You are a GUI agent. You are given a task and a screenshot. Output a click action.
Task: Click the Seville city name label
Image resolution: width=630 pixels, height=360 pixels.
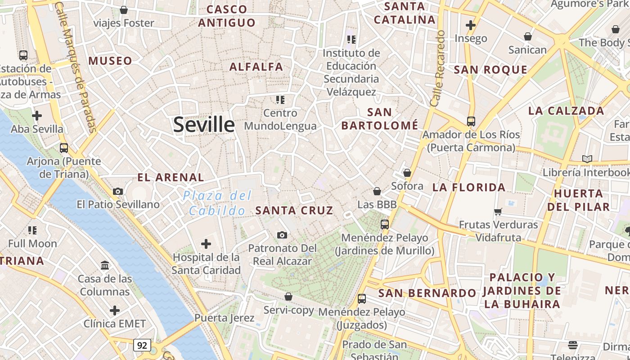(204, 125)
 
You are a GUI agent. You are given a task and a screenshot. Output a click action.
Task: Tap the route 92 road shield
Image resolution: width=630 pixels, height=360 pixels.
(142, 345)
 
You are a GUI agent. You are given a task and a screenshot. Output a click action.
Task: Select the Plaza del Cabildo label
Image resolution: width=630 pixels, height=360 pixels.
(217, 203)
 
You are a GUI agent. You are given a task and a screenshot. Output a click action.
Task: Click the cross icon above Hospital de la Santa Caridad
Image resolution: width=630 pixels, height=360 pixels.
(206, 244)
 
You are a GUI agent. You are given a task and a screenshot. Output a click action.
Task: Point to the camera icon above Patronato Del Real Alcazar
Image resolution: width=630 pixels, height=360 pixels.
(282, 235)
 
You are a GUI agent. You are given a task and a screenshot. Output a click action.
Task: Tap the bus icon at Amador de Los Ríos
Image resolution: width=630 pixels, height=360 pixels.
(471, 121)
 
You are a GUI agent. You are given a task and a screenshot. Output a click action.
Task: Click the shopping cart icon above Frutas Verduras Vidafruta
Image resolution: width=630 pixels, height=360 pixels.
(498, 211)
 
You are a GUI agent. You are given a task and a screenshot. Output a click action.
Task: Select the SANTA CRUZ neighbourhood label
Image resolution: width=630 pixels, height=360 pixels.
(294, 210)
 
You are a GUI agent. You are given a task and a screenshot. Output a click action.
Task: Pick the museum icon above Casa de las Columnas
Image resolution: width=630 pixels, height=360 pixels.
(105, 265)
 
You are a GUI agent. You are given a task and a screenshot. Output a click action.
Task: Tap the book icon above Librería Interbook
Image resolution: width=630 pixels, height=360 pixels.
(587, 159)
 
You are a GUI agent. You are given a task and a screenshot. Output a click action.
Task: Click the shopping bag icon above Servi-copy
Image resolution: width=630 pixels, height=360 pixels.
(288, 297)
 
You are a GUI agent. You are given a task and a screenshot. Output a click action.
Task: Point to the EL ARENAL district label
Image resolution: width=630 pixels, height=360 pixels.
(171, 177)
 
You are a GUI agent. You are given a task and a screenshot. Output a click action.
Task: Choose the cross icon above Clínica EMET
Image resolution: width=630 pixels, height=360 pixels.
(115, 310)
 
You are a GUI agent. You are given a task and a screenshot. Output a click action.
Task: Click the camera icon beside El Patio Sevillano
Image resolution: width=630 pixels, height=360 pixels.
(118, 191)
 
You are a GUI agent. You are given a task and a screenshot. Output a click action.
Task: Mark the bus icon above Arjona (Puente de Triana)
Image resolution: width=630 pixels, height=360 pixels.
(64, 148)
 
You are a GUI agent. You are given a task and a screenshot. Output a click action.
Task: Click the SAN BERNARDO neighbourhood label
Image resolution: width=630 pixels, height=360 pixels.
(427, 293)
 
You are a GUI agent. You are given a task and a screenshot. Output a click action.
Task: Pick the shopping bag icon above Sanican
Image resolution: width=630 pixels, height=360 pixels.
(527, 36)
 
